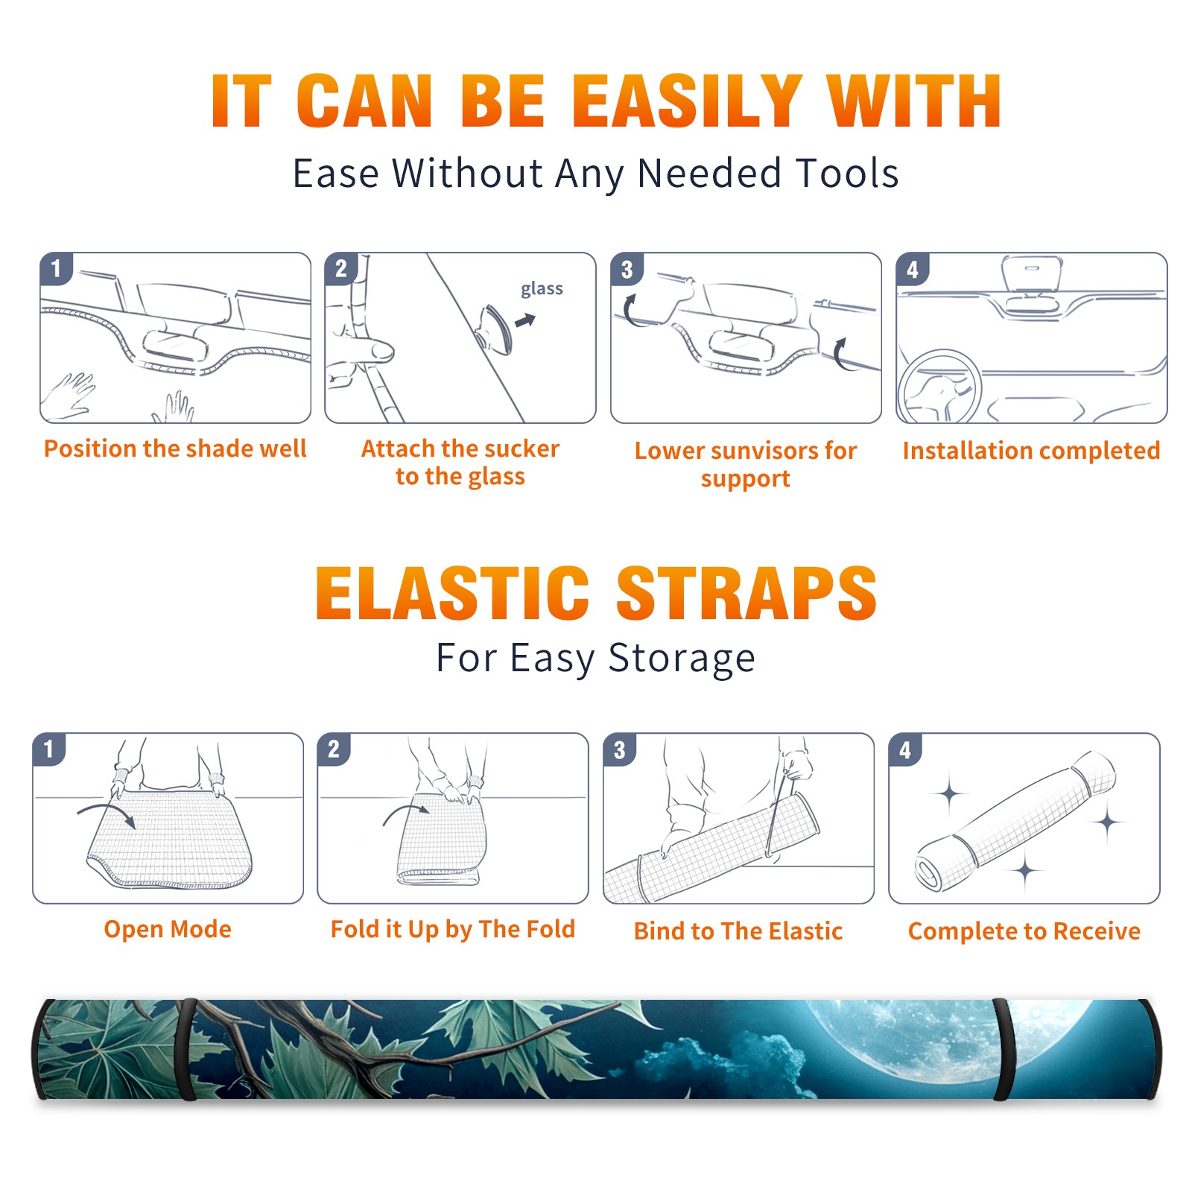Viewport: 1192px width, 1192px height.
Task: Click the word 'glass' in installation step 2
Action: [x=542, y=289]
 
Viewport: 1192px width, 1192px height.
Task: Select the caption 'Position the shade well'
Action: [x=175, y=448]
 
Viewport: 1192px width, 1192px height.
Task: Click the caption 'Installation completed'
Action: [x=1031, y=451]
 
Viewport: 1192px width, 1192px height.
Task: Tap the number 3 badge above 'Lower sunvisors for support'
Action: [x=627, y=270]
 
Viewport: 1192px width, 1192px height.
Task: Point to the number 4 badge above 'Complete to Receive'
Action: [x=905, y=749]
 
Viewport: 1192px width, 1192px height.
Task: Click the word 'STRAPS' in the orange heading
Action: [x=746, y=593]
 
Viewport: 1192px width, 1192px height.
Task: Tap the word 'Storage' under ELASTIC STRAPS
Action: [x=682, y=659]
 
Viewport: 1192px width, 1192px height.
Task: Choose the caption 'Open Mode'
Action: [x=168, y=929]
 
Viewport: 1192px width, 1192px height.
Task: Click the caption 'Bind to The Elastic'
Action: [x=738, y=931]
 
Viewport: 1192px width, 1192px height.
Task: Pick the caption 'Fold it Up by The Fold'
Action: [x=453, y=929]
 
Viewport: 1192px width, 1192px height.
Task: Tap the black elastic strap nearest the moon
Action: [x=1002, y=1050]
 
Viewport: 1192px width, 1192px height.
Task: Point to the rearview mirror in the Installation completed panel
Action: [x=1032, y=274]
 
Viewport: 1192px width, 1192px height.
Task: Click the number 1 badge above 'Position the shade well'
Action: [x=56, y=269]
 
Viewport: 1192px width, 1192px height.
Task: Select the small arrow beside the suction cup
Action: [x=525, y=321]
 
